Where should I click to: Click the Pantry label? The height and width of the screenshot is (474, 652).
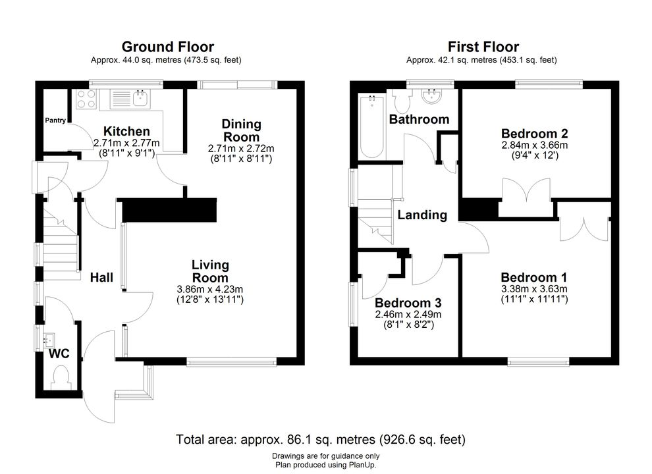pos(55,120)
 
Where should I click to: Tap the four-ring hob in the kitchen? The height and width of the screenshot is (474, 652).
pos(86,99)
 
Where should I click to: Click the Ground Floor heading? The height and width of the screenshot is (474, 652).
pos(167,47)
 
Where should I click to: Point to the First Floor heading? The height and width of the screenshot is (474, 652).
pos(483,47)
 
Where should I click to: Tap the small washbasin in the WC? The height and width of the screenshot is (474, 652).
pos(49,341)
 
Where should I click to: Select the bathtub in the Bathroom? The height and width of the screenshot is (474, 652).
pos(371,126)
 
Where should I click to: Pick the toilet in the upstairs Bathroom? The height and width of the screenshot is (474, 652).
pos(402,101)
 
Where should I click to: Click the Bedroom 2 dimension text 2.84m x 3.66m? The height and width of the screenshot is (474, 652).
pos(534,145)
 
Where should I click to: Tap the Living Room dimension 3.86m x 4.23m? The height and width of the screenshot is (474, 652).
pos(210,290)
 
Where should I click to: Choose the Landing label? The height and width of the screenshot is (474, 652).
pos(422,215)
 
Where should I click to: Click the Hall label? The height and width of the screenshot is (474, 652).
pos(101,277)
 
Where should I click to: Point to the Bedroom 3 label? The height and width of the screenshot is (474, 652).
pos(408,303)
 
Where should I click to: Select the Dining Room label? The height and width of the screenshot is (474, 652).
pos(241,130)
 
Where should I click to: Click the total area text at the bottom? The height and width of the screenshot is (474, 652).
pos(321,440)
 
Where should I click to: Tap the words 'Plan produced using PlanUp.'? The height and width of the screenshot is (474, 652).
pos(325,465)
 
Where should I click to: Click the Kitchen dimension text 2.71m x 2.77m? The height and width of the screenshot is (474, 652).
pos(126,143)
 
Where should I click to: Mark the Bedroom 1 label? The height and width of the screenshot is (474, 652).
pos(534,277)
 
